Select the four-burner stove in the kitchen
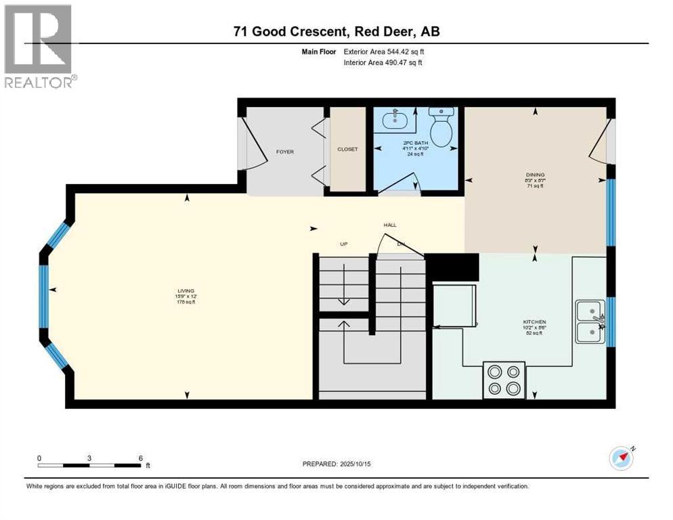[504, 379]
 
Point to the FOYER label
[285, 152]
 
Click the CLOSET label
[347, 149]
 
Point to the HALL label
[390, 225]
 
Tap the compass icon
[621, 458]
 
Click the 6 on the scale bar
[140, 458]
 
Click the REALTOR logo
[39, 47]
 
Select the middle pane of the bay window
[44, 290]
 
